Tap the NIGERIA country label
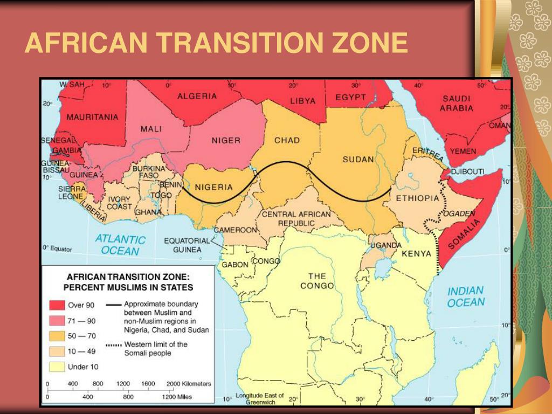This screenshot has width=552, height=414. [x=213, y=188]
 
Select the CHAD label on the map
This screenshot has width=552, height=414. [x=287, y=141]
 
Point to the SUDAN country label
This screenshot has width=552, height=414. [x=358, y=159]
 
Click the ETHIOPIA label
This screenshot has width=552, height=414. [x=417, y=198]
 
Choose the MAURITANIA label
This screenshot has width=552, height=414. [x=92, y=117]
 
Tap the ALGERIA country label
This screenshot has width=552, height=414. [x=197, y=96]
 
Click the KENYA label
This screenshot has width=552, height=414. [x=416, y=253]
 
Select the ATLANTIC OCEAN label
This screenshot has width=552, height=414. [x=120, y=245]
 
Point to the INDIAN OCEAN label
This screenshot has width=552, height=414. [x=465, y=296]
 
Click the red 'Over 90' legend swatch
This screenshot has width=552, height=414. [x=57, y=305]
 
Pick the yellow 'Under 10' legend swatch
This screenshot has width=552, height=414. [x=57, y=367]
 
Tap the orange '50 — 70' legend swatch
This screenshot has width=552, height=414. [x=57, y=336]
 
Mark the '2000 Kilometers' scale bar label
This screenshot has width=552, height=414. [x=189, y=384]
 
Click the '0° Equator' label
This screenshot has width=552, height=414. [x=57, y=249]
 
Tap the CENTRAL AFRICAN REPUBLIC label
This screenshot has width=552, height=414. [x=296, y=218]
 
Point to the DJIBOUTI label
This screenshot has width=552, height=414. [x=467, y=171]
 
